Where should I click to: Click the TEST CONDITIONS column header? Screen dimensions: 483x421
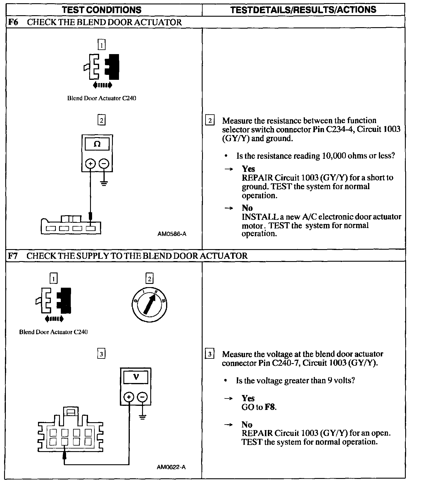[102, 10]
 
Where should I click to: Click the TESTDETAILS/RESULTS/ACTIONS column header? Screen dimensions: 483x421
[303, 10]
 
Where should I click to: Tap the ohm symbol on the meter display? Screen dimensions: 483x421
[97, 144]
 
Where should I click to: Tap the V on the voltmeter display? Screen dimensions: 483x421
[136, 377]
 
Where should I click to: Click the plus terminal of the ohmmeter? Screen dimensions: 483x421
[90, 163]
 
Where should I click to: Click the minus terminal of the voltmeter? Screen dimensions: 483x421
[142, 397]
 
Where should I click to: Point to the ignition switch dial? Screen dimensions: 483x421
[149, 305]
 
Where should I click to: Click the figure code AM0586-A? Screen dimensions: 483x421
[172, 234]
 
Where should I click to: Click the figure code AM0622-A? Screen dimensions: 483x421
[171, 467]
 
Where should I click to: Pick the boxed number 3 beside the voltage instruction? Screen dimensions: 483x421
[210, 354]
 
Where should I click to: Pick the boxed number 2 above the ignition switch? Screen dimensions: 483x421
[149, 279]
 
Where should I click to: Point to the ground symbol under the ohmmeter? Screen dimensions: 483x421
[104, 183]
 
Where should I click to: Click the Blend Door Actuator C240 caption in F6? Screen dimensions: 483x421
[102, 98]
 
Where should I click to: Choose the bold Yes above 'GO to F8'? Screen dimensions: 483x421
[248, 398]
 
